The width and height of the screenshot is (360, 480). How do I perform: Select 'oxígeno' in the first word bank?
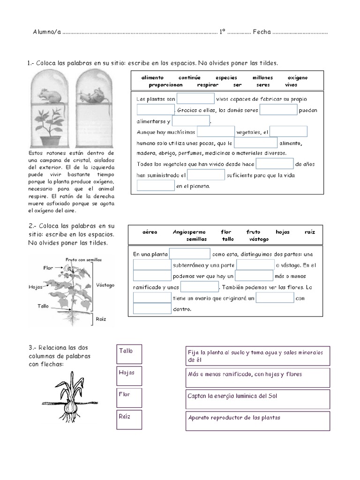298,78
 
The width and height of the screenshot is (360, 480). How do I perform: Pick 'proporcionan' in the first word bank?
165,85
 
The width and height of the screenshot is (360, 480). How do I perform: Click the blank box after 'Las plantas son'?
195,99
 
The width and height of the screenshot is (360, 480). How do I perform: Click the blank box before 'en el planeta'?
156,186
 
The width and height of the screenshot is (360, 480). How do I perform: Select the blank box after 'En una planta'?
189,254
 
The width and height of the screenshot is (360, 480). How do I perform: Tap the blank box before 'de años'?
275,164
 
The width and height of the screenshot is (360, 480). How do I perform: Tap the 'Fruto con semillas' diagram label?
83,260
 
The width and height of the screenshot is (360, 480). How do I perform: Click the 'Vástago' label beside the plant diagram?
105,285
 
